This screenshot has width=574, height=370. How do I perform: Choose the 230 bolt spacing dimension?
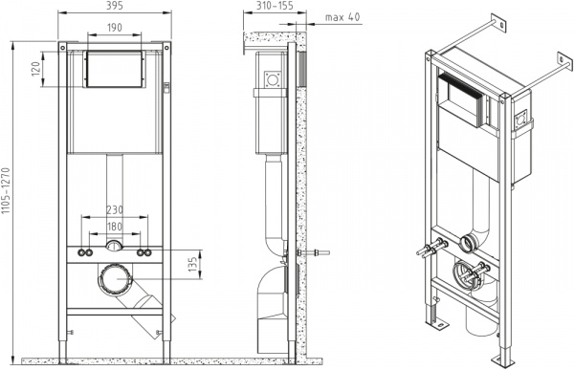(114, 209)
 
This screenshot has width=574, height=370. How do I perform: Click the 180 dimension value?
(114, 227)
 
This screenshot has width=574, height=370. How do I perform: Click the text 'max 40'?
(342, 16)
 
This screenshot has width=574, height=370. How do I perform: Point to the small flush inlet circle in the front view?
(114, 248)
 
